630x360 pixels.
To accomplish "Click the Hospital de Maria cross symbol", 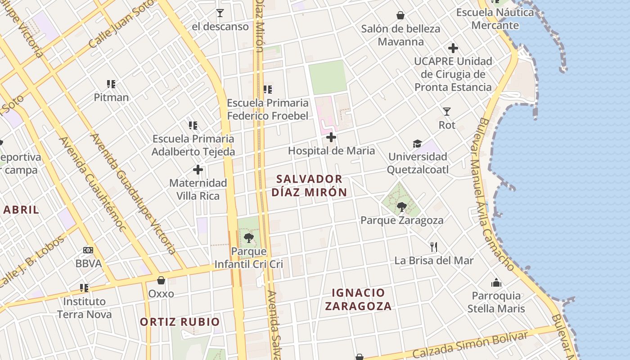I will (x=331, y=137).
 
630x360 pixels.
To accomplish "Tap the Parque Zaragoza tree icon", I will (x=402, y=207).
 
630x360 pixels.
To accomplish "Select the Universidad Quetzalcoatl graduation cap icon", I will (x=418, y=144).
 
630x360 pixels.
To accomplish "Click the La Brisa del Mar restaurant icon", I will (x=434, y=247).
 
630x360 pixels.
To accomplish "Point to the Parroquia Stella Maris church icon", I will (x=496, y=283).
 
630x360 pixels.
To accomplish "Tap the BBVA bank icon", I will (x=88, y=250).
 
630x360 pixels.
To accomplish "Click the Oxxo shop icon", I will (x=161, y=280).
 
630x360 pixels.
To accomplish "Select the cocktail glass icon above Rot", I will (x=447, y=111).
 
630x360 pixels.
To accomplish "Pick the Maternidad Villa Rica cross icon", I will (x=198, y=170).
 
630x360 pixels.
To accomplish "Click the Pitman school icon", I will (x=111, y=84).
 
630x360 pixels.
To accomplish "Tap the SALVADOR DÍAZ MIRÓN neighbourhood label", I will (x=309, y=185).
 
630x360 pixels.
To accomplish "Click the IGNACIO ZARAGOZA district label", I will (x=358, y=299).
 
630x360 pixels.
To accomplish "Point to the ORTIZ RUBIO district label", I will (x=180, y=322).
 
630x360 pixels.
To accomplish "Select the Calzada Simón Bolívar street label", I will (x=470, y=345).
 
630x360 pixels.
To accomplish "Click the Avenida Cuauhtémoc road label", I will (x=92, y=184).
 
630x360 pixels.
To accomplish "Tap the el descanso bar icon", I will (x=220, y=13).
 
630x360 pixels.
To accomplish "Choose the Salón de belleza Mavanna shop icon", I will (x=400, y=16).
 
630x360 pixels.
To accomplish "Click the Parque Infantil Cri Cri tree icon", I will (x=248, y=238).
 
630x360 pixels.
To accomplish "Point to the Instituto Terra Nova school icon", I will (x=84, y=288).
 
